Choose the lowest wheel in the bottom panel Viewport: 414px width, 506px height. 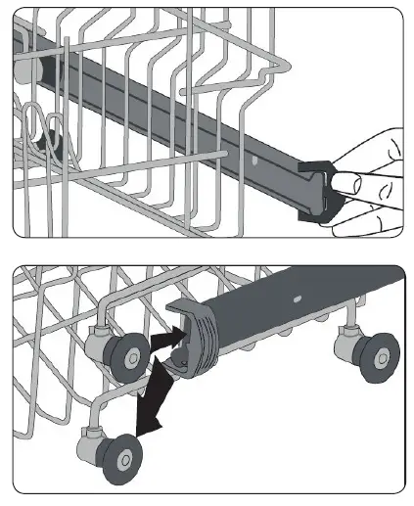coord(124,457)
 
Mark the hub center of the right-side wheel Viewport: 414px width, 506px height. coord(379,357)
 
